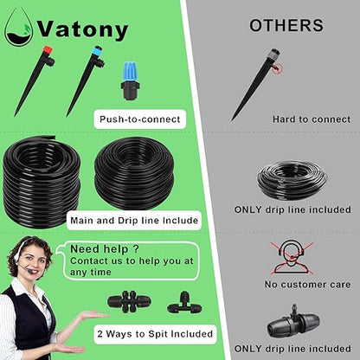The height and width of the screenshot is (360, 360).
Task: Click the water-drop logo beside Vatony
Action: [19, 27]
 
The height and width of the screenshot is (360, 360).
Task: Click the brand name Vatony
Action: [83, 29]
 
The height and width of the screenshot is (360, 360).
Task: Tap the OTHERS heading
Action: [286, 25]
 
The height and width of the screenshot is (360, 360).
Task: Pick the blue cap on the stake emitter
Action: [96, 51]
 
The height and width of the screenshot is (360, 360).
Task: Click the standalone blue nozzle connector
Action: [130, 80]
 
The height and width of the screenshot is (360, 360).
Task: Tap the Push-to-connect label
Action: [140, 119]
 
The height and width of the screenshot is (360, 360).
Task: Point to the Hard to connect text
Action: [312, 119]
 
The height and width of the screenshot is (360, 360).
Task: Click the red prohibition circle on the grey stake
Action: [278, 68]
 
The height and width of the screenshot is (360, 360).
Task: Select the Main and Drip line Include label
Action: [134, 221]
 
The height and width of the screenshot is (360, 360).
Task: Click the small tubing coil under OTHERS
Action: [292, 182]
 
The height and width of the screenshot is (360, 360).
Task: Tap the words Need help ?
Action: [105, 248]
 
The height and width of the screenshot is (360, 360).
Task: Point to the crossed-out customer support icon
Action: [292, 258]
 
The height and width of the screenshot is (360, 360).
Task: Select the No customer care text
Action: [307, 285]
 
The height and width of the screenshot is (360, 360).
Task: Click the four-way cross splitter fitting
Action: [129, 302]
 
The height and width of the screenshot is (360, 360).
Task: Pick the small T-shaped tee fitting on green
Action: [184, 303]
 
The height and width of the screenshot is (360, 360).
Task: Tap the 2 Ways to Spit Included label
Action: [155, 334]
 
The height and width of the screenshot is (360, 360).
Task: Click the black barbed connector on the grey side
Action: [293, 321]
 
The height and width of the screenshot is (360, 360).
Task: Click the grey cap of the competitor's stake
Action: [273, 55]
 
